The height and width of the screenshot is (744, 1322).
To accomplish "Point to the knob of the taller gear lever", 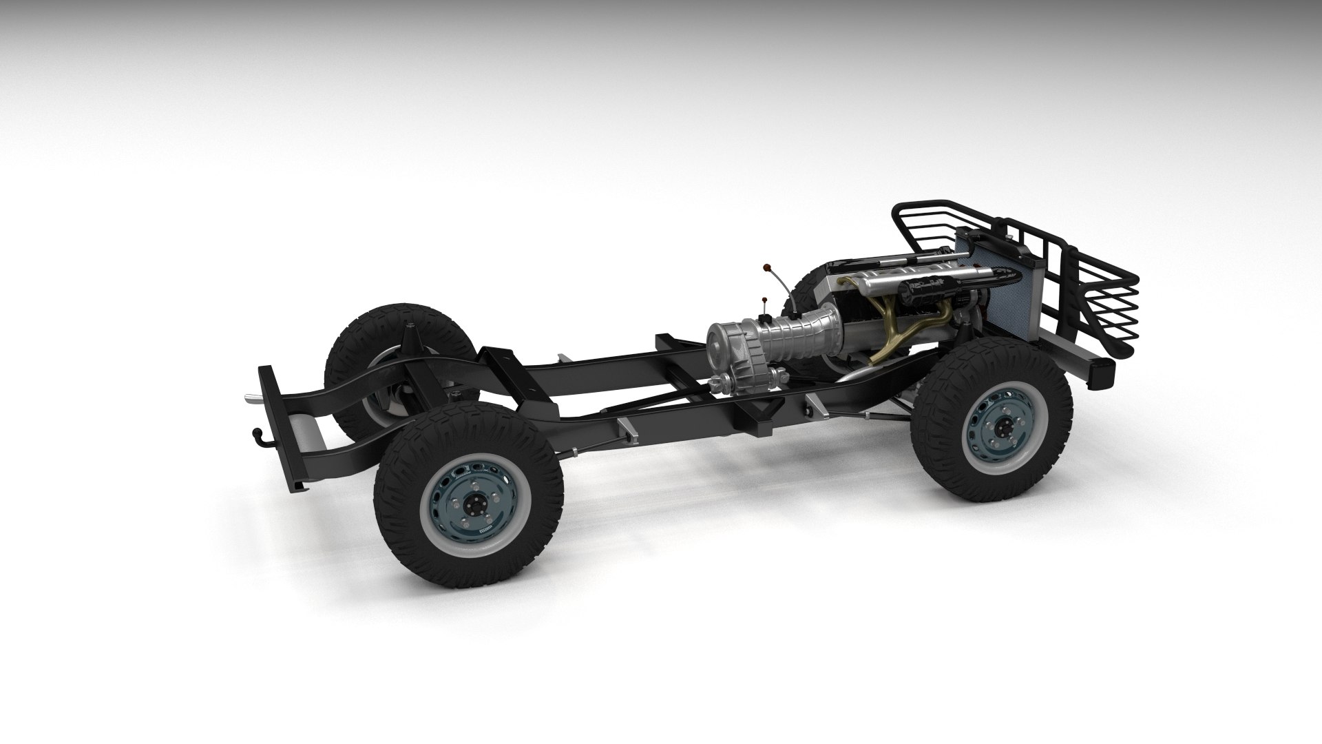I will (x=766, y=267).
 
